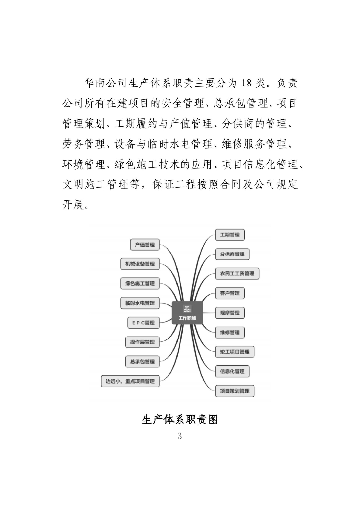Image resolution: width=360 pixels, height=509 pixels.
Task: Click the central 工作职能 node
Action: (187, 313)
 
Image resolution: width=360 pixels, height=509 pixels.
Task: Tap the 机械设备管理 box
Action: (140, 264)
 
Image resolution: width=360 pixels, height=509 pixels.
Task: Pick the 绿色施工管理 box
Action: (140, 283)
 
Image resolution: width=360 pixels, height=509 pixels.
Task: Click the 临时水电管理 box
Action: (140, 303)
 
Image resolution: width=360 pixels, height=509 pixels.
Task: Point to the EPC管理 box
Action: (143, 323)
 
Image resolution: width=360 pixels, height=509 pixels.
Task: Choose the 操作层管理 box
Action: (142, 342)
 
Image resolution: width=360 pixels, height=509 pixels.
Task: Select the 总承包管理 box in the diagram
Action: (142, 361)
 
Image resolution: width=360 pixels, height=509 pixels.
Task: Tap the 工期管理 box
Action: (230, 234)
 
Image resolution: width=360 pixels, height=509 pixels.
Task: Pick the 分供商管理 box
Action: (232, 254)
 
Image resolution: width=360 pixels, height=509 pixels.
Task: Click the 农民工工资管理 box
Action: (237, 273)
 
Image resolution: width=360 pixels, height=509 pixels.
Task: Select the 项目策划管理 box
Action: (234, 391)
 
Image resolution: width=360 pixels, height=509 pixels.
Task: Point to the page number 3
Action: (180, 436)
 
